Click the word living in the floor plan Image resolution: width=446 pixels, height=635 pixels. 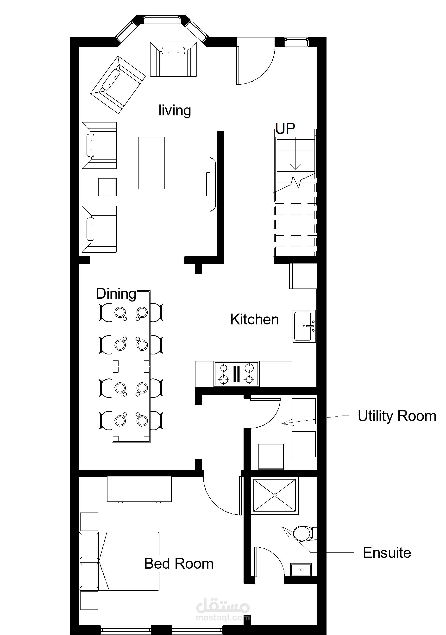pyautogui.click(x=175, y=110)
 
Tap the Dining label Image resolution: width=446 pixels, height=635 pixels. pyautogui.click(x=116, y=294)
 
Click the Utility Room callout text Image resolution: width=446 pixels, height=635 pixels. pyautogui.click(x=397, y=416)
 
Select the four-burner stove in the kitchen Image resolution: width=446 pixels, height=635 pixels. pyautogui.click(x=237, y=374)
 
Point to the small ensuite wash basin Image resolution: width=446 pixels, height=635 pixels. pyautogui.click(x=301, y=570)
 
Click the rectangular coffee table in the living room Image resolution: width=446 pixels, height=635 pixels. pyautogui.click(x=152, y=163)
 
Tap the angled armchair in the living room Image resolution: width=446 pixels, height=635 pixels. pyautogui.click(x=118, y=85)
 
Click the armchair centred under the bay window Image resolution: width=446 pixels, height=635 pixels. pyautogui.click(x=174, y=59)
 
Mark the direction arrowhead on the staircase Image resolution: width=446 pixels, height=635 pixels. pyautogui.click(x=296, y=167)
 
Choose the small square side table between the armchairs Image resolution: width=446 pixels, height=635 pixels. pyautogui.click(x=107, y=187)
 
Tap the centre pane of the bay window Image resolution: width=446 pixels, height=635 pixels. pyautogui.click(x=161, y=20)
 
